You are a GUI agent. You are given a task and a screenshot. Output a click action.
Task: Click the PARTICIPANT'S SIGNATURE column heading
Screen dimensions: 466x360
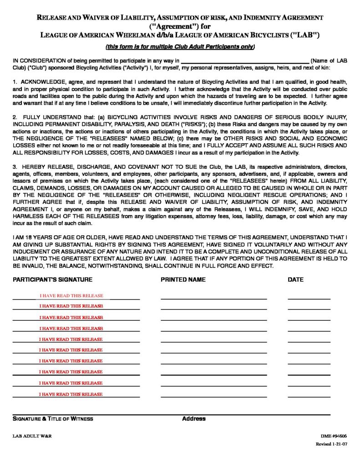point(52,279)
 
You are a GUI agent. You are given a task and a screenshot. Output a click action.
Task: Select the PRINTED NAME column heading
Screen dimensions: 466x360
point(183,279)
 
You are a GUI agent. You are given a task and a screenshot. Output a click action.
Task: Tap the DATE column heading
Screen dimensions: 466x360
point(295,279)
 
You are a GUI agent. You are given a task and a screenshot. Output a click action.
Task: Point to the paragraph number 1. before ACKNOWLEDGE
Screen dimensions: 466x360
point(15,82)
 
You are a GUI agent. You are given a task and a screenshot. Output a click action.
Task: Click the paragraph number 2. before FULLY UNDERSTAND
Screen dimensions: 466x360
point(15,117)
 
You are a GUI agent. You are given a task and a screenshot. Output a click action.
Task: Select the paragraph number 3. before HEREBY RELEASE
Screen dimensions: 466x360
point(15,167)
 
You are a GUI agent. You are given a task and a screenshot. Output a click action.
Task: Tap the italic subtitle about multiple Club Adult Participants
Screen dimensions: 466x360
point(180,47)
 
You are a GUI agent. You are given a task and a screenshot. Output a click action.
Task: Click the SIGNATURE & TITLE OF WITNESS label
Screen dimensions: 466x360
point(53,419)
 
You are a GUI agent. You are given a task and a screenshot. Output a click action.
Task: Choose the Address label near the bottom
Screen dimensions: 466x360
point(194,419)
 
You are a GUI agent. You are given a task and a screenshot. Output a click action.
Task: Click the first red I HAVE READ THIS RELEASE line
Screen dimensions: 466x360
point(71,296)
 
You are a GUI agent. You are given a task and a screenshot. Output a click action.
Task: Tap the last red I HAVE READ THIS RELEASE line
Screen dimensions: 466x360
point(71,394)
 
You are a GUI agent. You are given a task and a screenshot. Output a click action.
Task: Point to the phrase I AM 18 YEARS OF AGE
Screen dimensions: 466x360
point(43,237)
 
